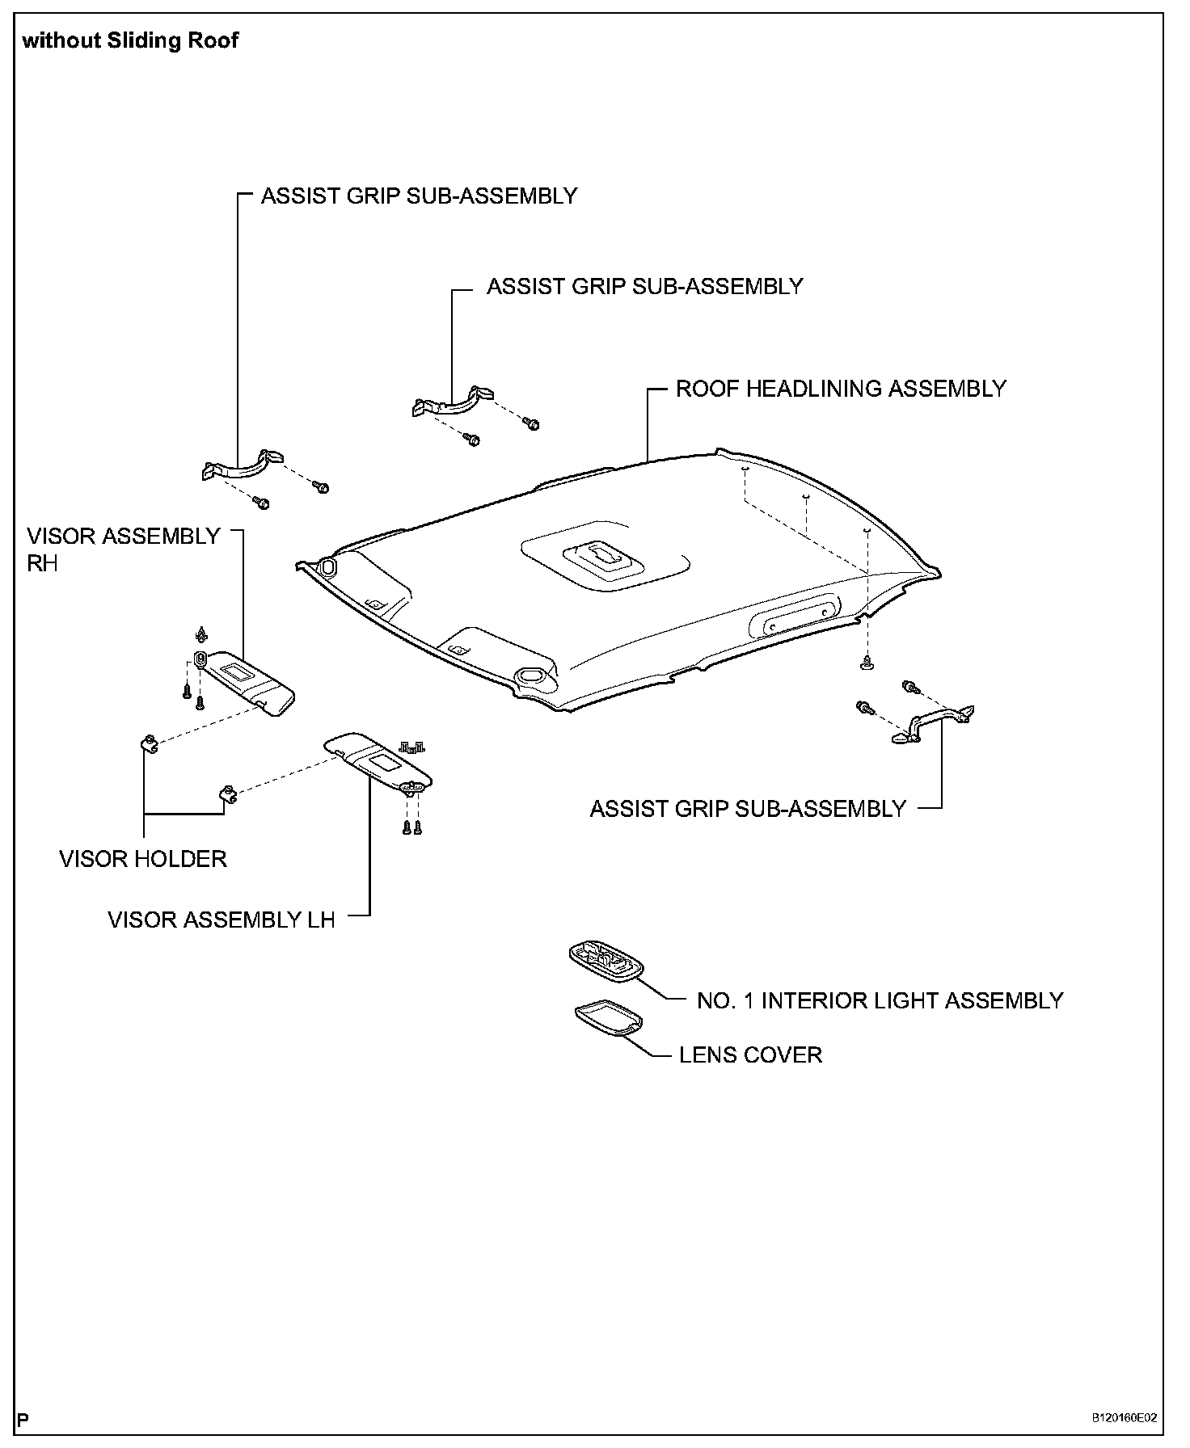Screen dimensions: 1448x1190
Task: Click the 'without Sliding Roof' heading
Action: point(130,40)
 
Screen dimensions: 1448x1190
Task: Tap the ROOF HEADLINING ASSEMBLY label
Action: point(841,389)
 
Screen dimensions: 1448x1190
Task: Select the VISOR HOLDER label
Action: point(143,858)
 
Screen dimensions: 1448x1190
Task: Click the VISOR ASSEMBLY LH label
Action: point(222,920)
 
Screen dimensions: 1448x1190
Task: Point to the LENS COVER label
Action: point(750,1054)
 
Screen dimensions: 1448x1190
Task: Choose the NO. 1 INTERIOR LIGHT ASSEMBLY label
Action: point(880,1000)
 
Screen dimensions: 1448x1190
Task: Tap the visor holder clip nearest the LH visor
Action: point(228,793)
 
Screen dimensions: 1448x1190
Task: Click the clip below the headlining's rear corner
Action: point(867,663)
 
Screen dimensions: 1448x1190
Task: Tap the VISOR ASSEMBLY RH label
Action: point(123,549)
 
